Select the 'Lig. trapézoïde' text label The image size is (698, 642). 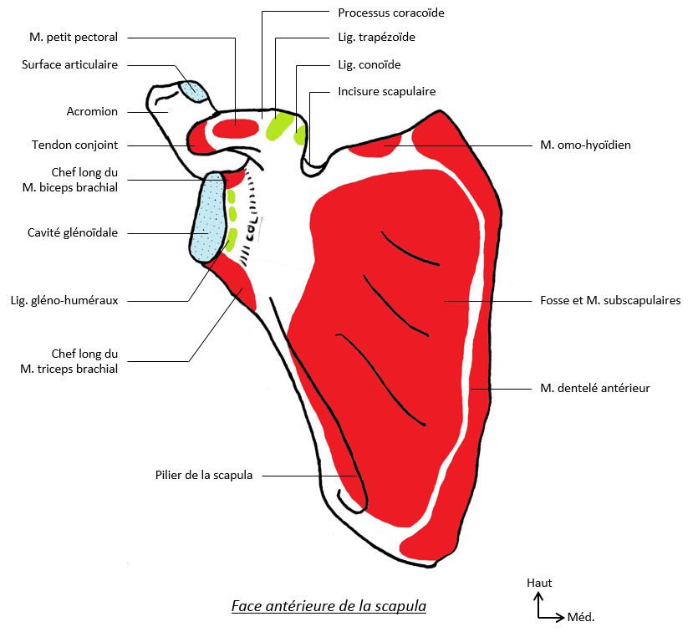376,38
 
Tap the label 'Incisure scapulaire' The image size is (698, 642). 386,91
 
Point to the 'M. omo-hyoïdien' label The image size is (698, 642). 585,145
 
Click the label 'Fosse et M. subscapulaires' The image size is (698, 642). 610,300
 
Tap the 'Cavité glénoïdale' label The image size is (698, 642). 72,233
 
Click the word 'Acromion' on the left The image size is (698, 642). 92,111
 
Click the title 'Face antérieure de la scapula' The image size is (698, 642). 329,606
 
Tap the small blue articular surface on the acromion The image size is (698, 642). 194,89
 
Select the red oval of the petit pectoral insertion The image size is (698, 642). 236,128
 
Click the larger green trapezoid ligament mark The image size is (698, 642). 279,125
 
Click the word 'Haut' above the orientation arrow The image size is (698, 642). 539,583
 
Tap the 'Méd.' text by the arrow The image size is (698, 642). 581,618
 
